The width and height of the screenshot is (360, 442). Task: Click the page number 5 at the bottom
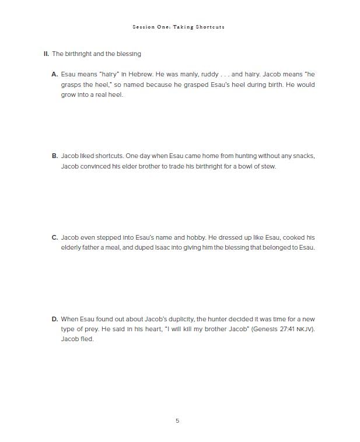pyautogui.click(x=177, y=420)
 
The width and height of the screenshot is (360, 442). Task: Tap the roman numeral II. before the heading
pyautogui.click(x=46, y=54)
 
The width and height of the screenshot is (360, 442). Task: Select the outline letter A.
pyautogui.click(x=55, y=74)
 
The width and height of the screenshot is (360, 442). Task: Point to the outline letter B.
pyautogui.click(x=55, y=156)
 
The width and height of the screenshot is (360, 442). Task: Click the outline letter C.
pyautogui.click(x=55, y=237)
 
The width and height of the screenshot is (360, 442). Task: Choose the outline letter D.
pyautogui.click(x=55, y=319)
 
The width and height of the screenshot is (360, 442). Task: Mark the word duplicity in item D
pyautogui.click(x=179, y=319)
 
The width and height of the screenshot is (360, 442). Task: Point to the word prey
pyautogui.click(x=90, y=329)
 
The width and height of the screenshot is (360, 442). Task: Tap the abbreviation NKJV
pyautogui.click(x=305, y=329)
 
